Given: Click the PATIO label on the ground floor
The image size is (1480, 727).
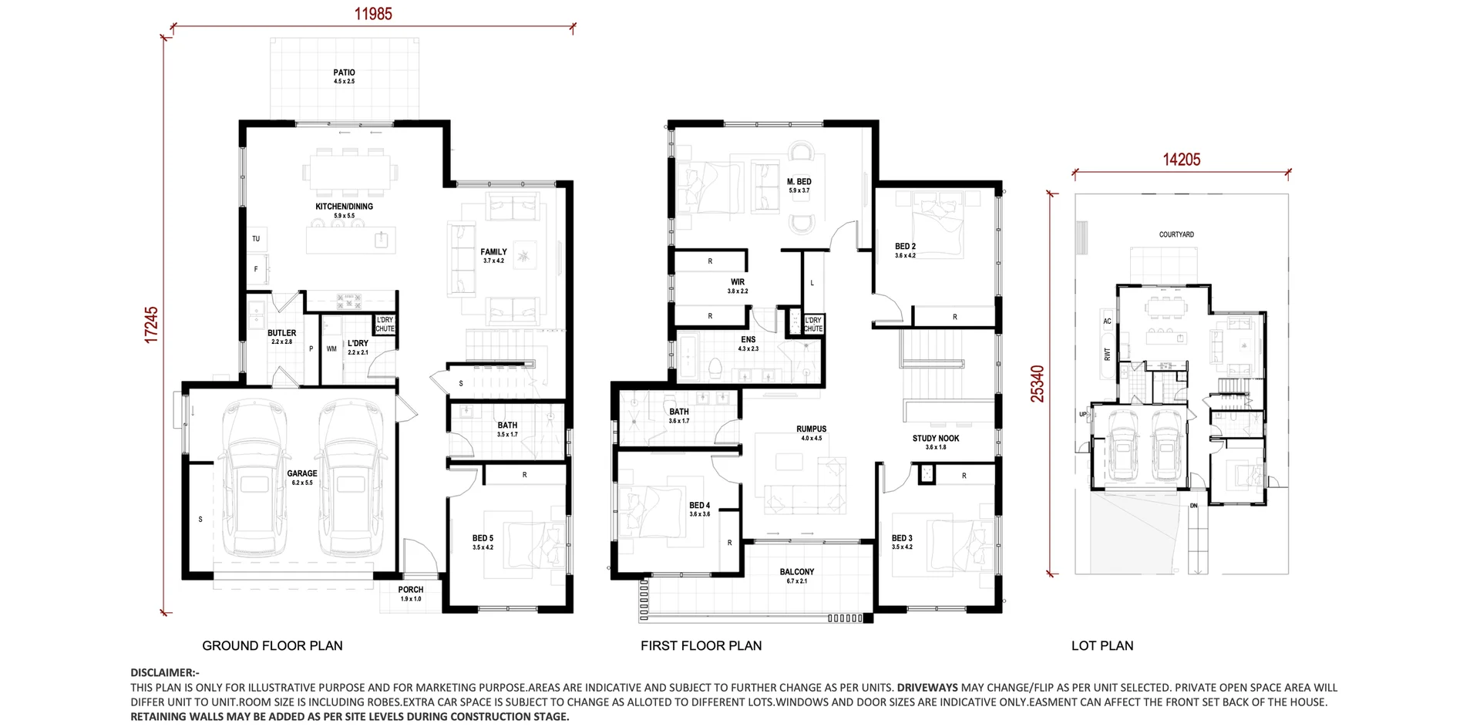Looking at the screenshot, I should pyautogui.click(x=344, y=73).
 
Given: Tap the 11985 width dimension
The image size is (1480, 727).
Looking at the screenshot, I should pyautogui.click(x=373, y=14).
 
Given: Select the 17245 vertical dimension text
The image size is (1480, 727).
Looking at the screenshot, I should pyautogui.click(x=152, y=324).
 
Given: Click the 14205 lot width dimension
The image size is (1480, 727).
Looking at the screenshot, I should pyautogui.click(x=1181, y=160).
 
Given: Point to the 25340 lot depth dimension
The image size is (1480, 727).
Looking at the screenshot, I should pyautogui.click(x=1038, y=383).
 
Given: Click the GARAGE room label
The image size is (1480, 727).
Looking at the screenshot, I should pyautogui.click(x=302, y=474).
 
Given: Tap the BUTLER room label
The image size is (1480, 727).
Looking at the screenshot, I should pyautogui.click(x=281, y=334).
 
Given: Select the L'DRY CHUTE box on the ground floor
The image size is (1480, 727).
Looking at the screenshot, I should pyautogui.click(x=385, y=325).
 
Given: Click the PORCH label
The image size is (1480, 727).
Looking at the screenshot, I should pyautogui.click(x=411, y=590).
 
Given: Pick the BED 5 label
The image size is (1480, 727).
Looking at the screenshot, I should pyautogui.click(x=483, y=539).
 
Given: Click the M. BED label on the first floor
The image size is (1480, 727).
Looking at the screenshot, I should pyautogui.click(x=799, y=182).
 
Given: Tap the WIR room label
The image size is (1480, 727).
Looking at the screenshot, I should pyautogui.click(x=738, y=282).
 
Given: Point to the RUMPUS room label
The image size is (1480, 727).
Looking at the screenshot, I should pyautogui.click(x=811, y=429).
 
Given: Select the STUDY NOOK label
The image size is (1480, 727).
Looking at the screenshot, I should pyautogui.click(x=936, y=439).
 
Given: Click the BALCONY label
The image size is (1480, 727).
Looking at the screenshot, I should pyautogui.click(x=796, y=572).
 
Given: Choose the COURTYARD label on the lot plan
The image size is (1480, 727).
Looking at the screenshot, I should pyautogui.click(x=1176, y=234).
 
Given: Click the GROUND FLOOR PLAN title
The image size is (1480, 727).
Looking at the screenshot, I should pyautogui.click(x=272, y=646).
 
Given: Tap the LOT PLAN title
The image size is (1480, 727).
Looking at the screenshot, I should pyautogui.click(x=1102, y=646).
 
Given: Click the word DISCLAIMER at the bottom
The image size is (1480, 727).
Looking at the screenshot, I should pyautogui.click(x=163, y=673).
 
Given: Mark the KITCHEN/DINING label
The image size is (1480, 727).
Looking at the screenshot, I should pyautogui.click(x=344, y=207).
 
